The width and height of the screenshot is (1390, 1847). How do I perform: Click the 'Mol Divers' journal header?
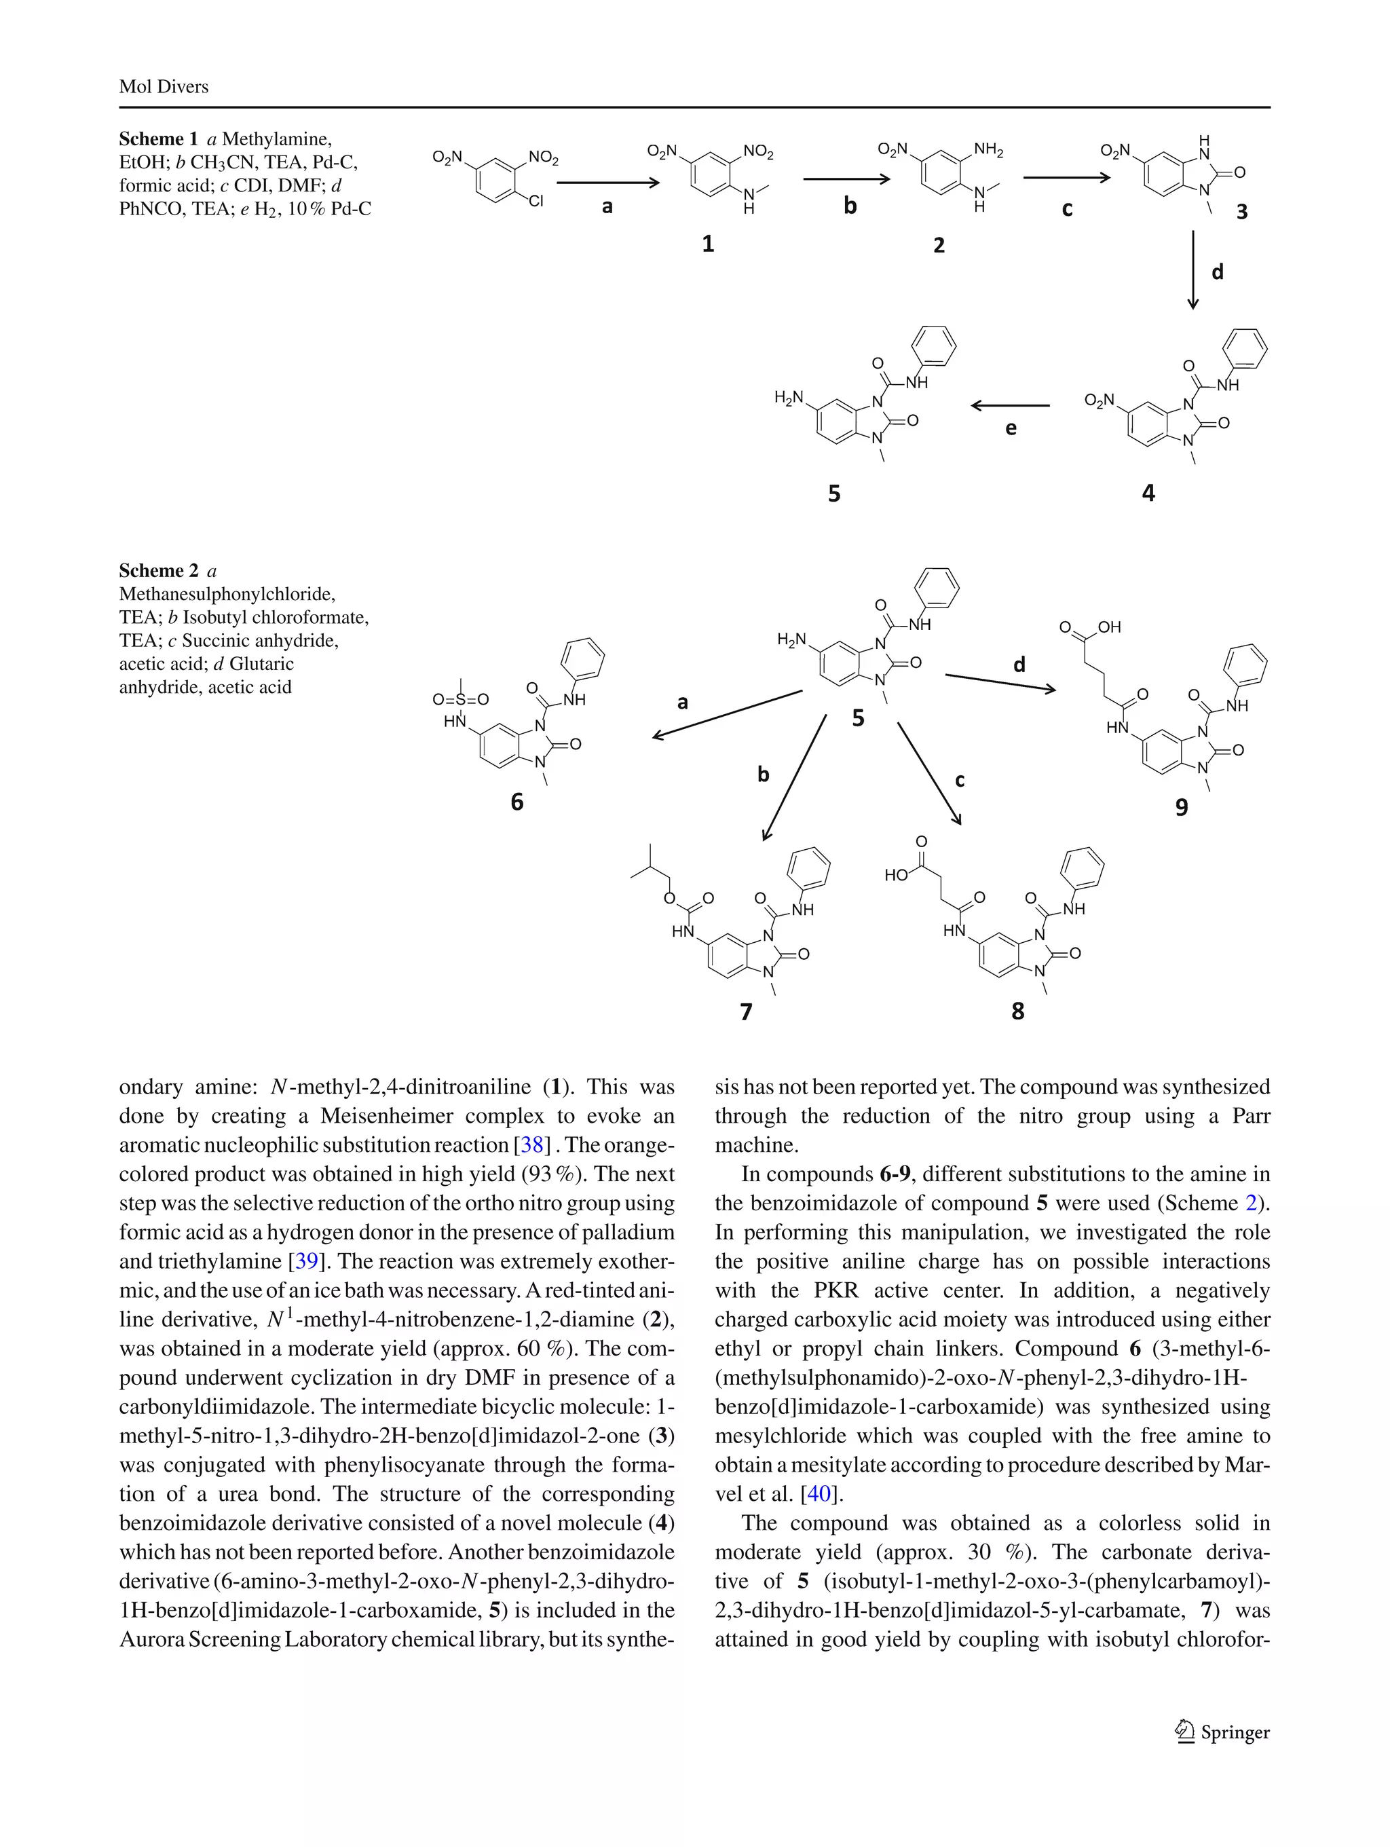(164, 87)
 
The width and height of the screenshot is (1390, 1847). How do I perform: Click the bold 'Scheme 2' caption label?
(159, 570)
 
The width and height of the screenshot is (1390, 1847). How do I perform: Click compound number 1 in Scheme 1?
(708, 244)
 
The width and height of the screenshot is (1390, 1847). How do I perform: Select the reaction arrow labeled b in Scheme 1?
(846, 179)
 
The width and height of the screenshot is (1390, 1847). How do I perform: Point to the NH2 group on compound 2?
(988, 150)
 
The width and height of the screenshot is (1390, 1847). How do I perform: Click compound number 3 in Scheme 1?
(1241, 212)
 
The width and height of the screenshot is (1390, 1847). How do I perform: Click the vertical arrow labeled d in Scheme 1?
(1193, 269)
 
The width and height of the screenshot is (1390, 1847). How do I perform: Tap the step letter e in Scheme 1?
(1011, 429)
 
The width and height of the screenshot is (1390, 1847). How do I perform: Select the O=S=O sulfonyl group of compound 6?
(460, 700)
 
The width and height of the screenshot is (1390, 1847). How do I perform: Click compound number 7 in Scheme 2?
(747, 1012)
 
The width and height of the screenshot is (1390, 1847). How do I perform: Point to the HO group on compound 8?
(896, 874)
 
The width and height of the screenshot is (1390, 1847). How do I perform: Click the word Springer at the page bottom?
(1235, 1732)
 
